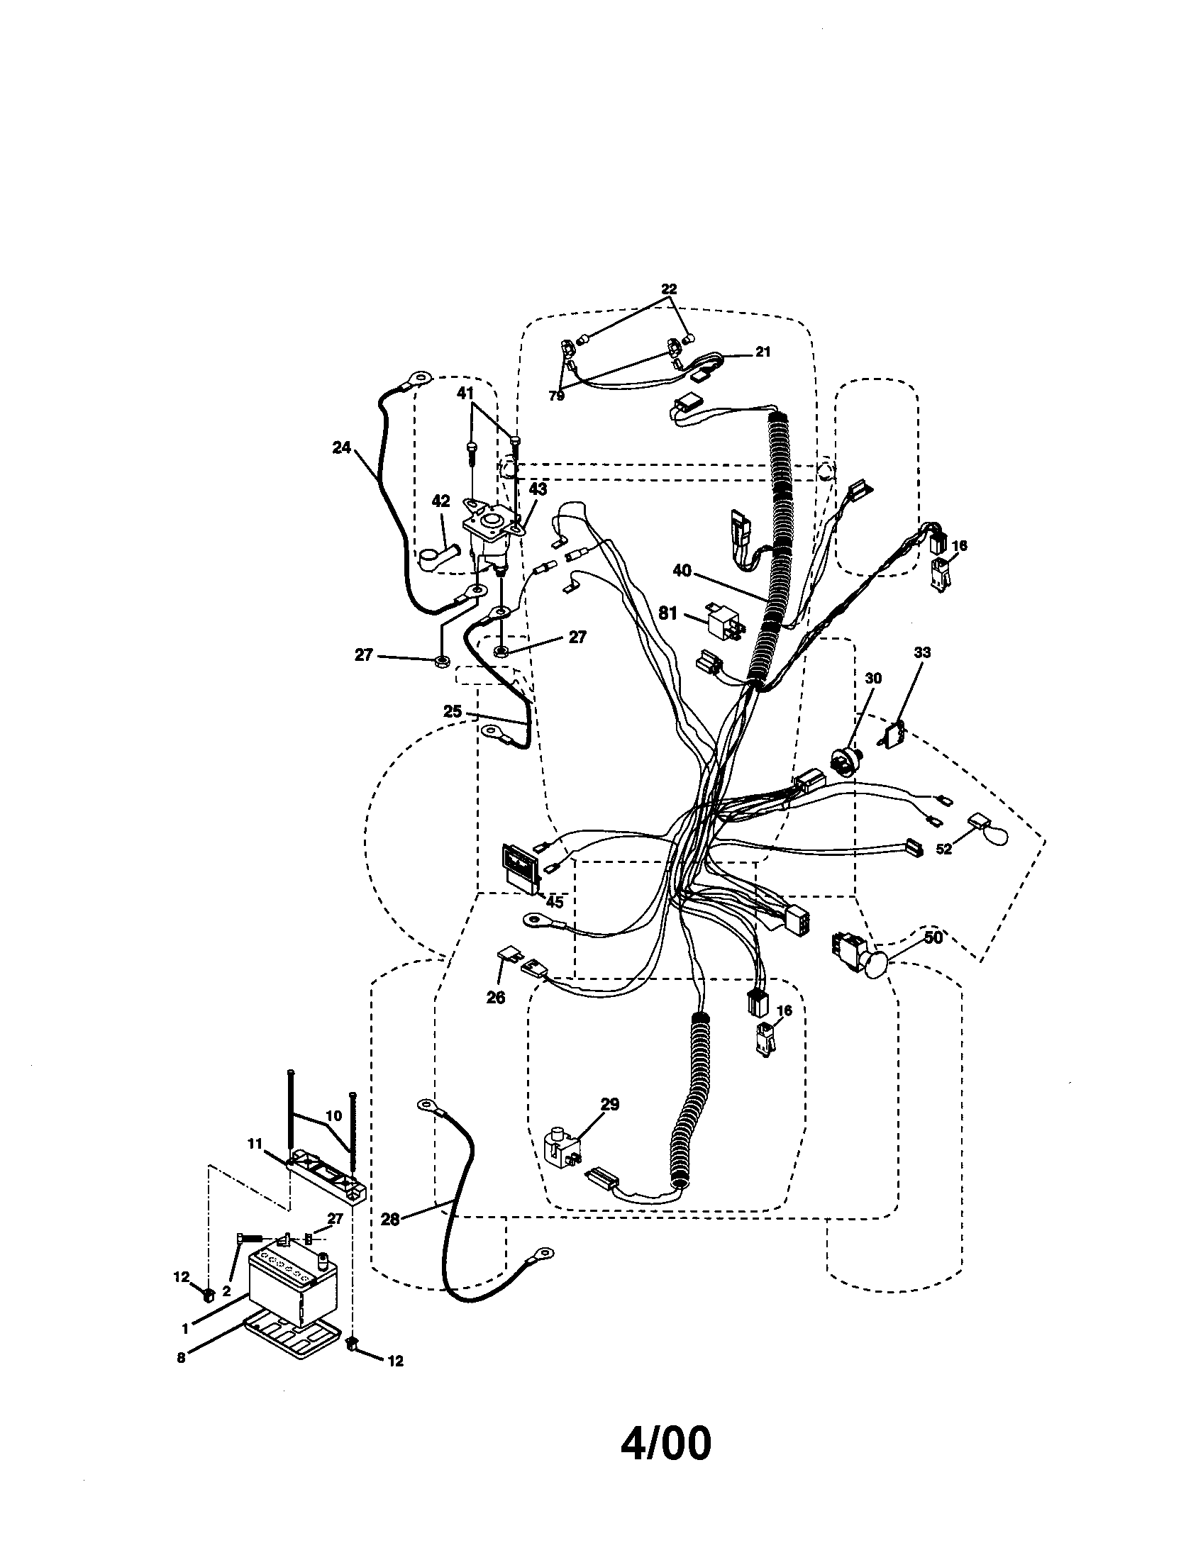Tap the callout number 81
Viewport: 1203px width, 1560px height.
pos(668,613)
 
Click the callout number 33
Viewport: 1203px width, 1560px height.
pos(922,652)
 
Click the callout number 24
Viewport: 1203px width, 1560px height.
pos(342,448)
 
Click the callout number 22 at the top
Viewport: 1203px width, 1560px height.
pos(668,289)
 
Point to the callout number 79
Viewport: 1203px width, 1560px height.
pos(557,396)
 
